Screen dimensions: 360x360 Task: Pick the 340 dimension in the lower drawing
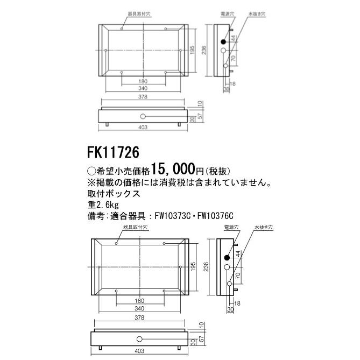point(140,308)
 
